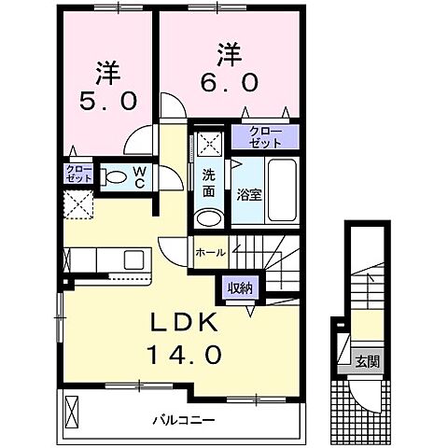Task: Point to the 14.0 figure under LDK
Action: (x=183, y=355)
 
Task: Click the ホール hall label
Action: (x=209, y=252)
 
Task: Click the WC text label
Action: (x=138, y=176)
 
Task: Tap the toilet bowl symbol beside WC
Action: (x=115, y=176)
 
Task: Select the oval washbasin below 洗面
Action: (x=210, y=220)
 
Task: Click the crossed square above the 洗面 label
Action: (x=210, y=145)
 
